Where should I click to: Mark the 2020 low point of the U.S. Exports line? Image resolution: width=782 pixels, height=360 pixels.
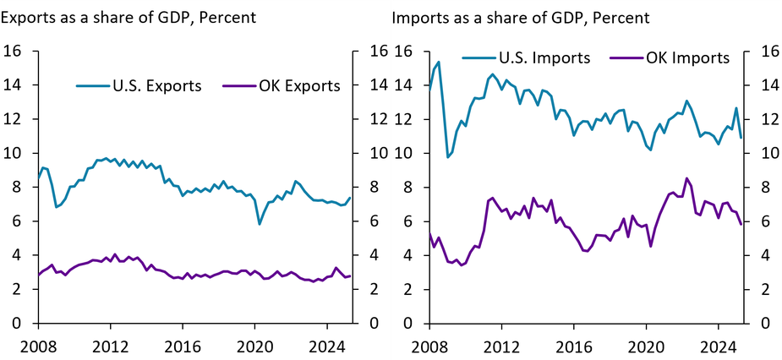[x=260, y=224]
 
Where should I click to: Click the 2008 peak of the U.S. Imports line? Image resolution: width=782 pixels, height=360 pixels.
[x=438, y=62]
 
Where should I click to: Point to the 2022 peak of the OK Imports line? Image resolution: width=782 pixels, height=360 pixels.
[x=686, y=178]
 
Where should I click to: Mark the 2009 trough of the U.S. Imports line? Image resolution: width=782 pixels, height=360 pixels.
[x=448, y=156]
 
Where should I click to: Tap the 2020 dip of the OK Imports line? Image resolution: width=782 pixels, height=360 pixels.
[x=650, y=246]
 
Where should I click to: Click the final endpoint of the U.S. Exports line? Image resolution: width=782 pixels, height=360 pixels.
[x=349, y=198]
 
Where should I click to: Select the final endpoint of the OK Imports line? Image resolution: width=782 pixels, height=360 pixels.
[x=741, y=224]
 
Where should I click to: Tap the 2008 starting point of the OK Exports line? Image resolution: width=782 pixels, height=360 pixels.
[x=38, y=275]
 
